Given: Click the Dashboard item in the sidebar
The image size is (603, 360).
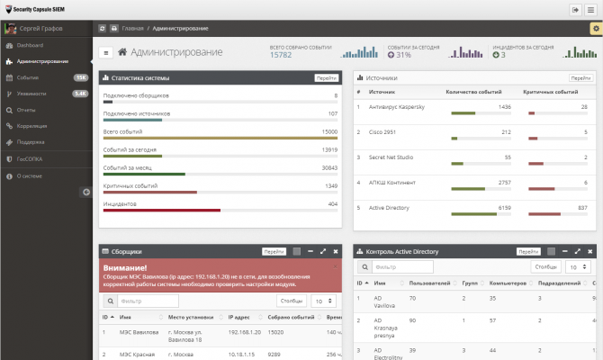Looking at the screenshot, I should (30, 44).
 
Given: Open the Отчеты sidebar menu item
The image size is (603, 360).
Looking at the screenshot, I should (26, 110).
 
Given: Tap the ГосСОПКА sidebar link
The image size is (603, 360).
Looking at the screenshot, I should (30, 158).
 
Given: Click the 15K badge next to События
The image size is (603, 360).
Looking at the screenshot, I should (80, 77).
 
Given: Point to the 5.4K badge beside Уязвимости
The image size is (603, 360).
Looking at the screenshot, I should (80, 94).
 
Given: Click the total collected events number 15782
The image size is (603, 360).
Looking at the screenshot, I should (281, 55).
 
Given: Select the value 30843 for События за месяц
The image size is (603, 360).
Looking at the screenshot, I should (329, 167).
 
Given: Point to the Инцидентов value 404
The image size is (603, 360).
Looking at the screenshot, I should (332, 204).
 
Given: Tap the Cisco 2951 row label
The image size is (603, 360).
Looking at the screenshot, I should (383, 131).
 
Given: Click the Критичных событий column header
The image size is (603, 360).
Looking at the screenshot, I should (550, 92).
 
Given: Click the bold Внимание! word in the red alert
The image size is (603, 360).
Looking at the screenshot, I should (125, 268).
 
